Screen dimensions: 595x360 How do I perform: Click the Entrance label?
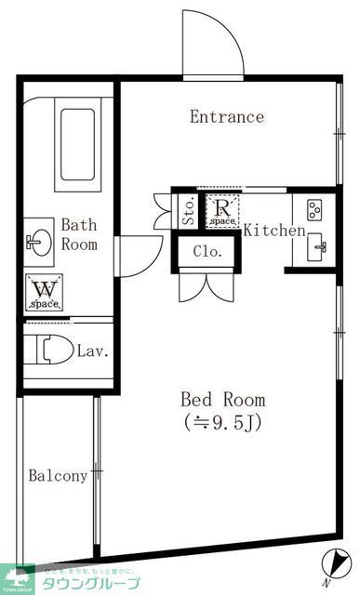(x=227, y=117)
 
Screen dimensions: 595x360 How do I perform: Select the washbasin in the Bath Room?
(x=40, y=243)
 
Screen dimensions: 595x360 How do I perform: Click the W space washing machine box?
(x=44, y=294)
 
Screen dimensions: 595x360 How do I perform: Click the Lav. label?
(x=94, y=351)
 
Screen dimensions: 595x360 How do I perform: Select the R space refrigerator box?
(x=222, y=213)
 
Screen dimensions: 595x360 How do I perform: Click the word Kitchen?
(x=274, y=231)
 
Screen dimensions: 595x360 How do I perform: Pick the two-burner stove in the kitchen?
(x=313, y=211)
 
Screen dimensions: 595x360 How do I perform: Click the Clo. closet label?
(x=207, y=251)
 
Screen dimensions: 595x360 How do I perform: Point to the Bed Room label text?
(x=222, y=400)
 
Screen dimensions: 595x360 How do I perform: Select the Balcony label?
(x=58, y=475)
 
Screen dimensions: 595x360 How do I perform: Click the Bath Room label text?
(x=79, y=234)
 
